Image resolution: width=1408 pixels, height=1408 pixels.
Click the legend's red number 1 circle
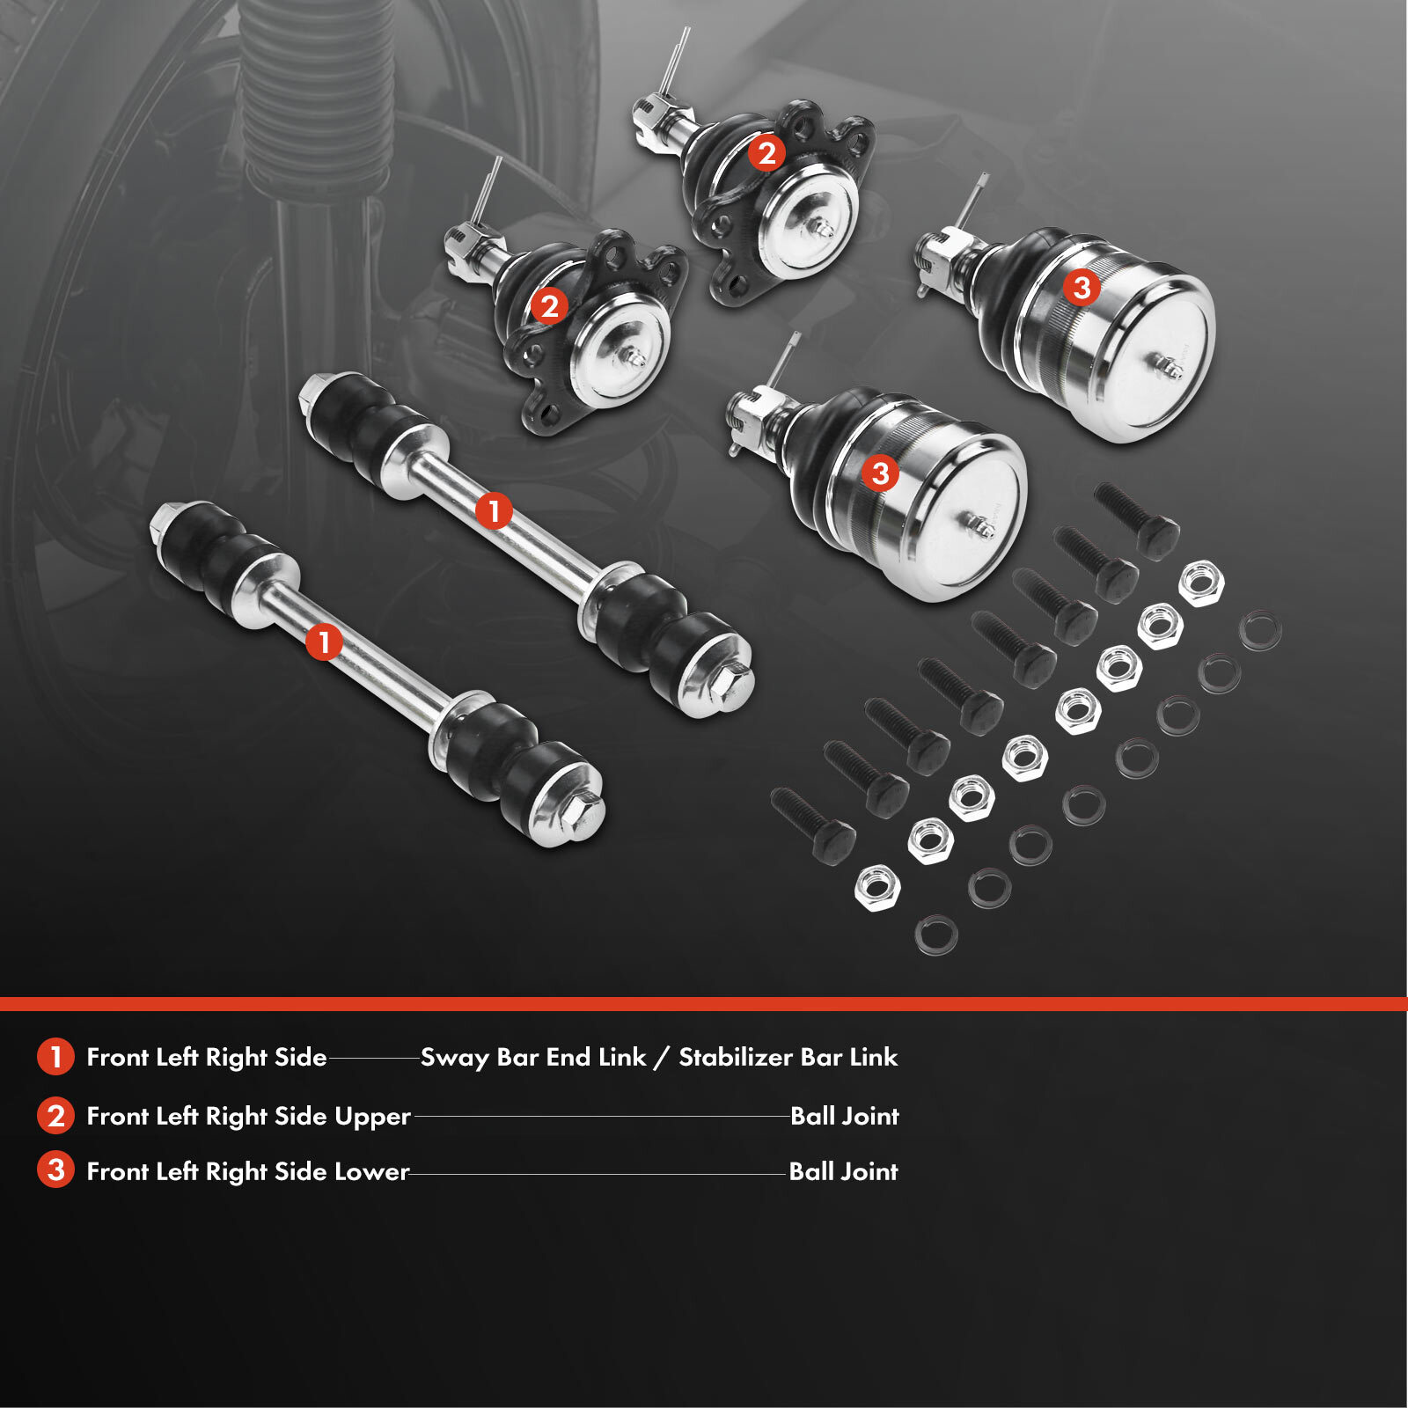55,1057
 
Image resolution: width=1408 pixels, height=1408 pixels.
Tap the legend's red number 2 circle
55,1116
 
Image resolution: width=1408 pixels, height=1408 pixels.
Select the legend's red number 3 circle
55,1170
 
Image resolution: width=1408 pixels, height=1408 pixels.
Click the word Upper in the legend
372,1117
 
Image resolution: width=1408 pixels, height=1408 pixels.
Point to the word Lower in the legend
371,1171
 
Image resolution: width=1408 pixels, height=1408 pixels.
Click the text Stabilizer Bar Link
788,1057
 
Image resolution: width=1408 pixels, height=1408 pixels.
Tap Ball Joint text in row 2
844,1116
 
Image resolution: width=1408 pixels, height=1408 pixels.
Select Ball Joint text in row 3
843,1171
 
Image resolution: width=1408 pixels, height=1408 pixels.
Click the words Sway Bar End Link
533,1057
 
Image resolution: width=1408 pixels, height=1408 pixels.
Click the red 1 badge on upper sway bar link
494,511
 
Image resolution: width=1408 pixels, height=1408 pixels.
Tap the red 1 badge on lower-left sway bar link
324,642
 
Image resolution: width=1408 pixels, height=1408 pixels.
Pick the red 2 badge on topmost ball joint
766,153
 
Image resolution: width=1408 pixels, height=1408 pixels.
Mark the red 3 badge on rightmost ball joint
1082,287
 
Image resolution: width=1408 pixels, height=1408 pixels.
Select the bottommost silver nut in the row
876,887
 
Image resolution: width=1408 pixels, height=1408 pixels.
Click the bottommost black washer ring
936,935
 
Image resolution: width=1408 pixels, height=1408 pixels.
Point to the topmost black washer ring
1260,631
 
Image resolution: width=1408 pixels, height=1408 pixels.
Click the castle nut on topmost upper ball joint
649,113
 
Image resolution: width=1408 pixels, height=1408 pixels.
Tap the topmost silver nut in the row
1200,583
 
